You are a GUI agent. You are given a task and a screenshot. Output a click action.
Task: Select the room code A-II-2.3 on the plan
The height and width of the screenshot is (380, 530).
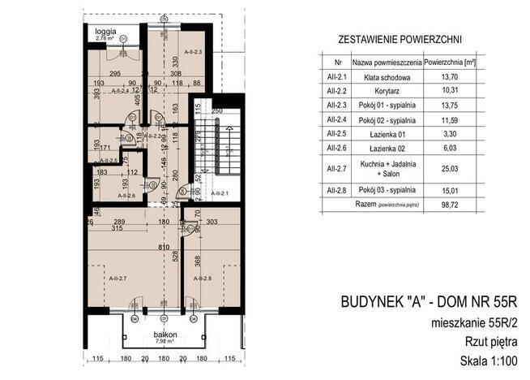192,51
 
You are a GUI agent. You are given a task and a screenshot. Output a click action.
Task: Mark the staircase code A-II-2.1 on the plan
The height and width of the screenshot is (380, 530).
220,194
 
